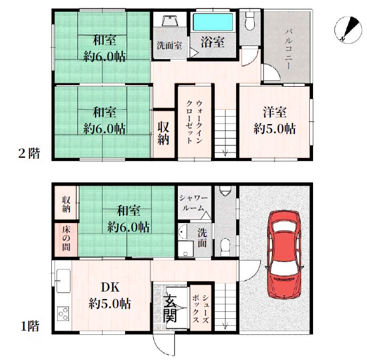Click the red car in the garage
point(284,255)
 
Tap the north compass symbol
point(348,30)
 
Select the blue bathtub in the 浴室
point(213,22)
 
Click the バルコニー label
point(288,49)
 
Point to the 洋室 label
point(275,112)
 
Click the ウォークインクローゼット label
point(194,122)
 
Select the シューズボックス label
point(200,309)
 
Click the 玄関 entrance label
point(170,308)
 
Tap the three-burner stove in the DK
point(63,313)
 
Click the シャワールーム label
point(193,203)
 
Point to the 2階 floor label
point(29,154)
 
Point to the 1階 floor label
point(30,326)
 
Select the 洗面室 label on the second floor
point(169,45)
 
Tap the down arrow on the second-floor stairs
point(225,152)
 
